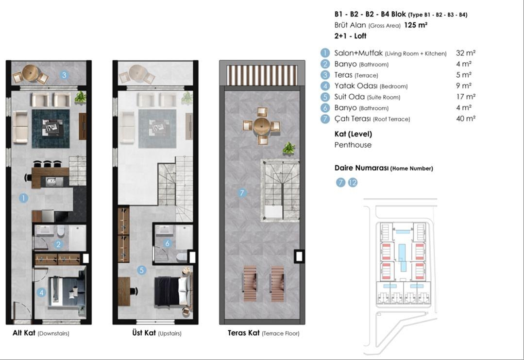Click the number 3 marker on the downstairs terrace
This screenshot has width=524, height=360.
point(64,75)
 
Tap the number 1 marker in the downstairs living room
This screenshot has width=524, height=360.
point(23,198)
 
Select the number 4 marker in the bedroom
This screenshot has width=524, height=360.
point(41,292)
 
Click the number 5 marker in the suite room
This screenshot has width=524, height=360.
point(142,270)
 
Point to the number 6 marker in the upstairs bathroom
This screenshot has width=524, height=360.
point(168,243)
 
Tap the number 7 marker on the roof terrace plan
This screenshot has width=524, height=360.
point(242,192)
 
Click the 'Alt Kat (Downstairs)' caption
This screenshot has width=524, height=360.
point(41,333)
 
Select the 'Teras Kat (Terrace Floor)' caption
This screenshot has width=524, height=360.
point(263,333)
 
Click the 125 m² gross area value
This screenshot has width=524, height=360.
point(416,25)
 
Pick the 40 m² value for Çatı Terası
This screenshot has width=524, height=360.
point(466,119)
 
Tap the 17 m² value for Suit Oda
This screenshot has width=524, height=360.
point(466,97)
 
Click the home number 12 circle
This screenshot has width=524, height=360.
point(353,183)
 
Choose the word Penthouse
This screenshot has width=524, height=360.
point(353,145)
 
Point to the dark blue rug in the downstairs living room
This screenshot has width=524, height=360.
point(51,129)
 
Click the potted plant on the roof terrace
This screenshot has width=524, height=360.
point(289,148)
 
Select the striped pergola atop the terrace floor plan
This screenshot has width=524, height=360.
point(262,75)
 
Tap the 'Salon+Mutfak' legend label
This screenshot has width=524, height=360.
point(358,53)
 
